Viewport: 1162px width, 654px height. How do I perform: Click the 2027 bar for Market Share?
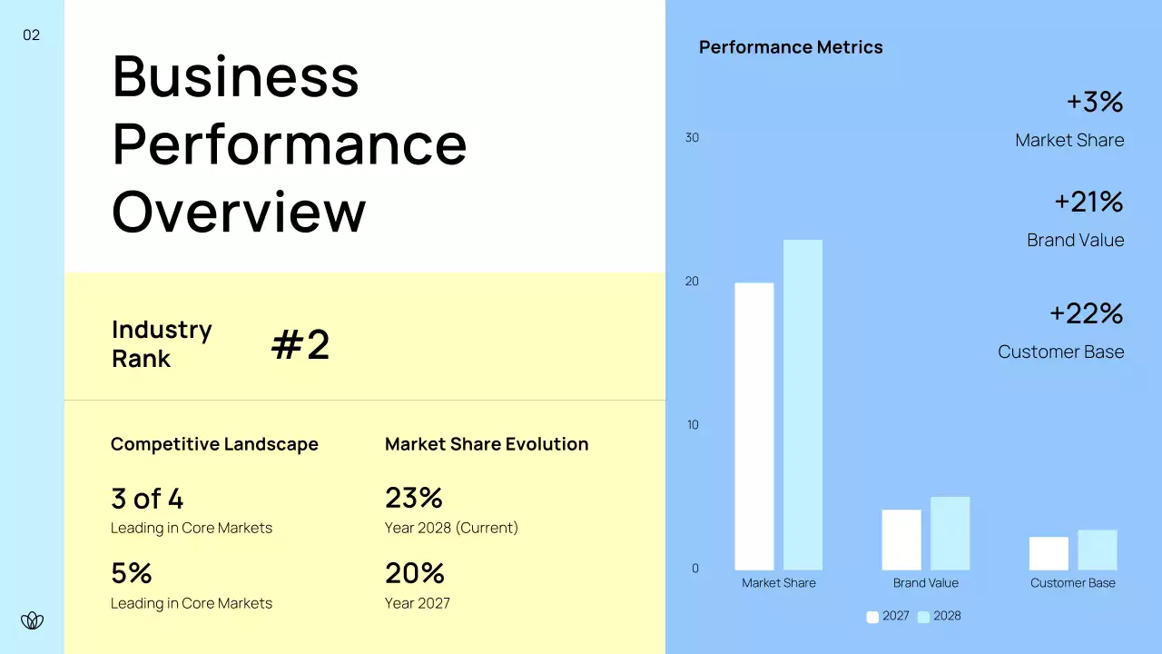(x=753, y=426)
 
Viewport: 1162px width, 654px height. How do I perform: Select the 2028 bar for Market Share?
(x=803, y=405)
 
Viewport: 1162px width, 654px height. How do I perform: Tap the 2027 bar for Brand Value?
(x=901, y=540)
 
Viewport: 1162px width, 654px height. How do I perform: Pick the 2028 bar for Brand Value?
(x=950, y=533)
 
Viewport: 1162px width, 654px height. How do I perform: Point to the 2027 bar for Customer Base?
(x=1049, y=553)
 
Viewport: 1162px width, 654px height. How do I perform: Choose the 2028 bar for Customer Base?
(x=1097, y=550)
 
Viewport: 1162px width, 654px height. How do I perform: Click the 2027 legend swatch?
(x=872, y=617)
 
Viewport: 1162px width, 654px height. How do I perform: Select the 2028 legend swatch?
(x=923, y=617)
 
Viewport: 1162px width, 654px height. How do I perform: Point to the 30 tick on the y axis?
(x=692, y=138)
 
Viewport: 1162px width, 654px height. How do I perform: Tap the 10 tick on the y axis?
(x=693, y=425)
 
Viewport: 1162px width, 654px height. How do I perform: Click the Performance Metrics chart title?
(x=791, y=47)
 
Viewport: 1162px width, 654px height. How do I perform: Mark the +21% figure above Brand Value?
(x=1088, y=202)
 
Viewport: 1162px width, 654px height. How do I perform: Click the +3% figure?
(x=1094, y=102)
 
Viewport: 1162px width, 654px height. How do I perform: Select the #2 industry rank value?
(x=300, y=345)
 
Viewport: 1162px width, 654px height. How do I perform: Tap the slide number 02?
(x=32, y=35)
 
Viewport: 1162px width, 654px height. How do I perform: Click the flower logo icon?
(x=32, y=620)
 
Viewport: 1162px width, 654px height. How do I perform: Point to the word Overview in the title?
(x=239, y=211)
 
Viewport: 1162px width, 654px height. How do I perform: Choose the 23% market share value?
(x=414, y=498)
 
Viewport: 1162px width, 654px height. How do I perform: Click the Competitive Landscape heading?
(x=214, y=444)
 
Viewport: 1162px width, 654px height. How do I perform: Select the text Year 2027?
(x=418, y=603)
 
